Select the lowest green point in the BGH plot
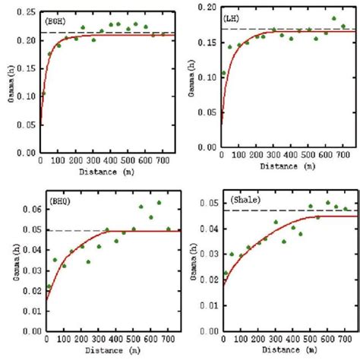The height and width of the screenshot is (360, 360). [x=43, y=94]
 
